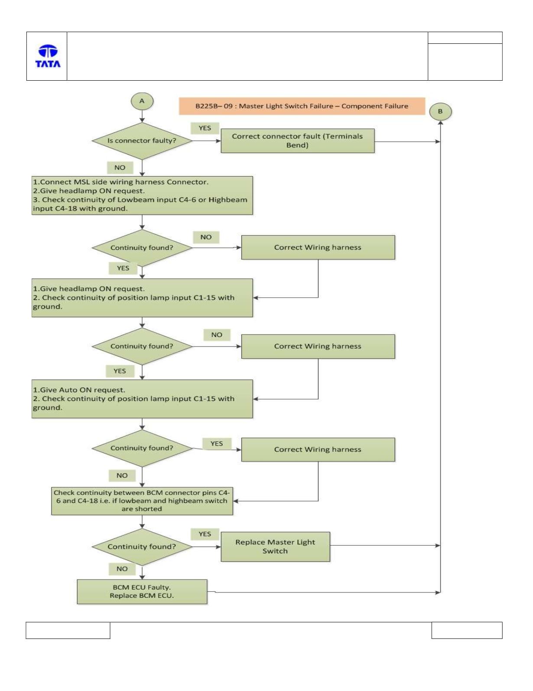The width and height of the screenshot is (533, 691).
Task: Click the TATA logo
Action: (48, 56)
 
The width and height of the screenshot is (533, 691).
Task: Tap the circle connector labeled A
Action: (142, 101)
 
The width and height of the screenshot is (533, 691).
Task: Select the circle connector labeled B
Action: (440, 111)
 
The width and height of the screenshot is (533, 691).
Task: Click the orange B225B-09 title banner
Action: (302, 106)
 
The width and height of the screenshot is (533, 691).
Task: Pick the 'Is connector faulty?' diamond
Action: (142, 141)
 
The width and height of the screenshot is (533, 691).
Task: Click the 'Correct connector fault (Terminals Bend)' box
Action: (298, 141)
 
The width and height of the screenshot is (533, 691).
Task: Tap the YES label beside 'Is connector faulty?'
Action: (205, 128)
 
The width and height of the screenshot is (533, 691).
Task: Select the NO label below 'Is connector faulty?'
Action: (120, 167)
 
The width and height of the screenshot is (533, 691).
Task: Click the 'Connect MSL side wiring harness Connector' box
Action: (142, 195)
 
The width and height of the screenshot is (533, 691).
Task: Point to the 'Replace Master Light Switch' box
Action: (276, 546)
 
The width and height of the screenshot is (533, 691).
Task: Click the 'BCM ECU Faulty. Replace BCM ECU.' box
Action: (142, 591)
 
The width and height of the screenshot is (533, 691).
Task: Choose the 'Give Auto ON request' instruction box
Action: (142, 399)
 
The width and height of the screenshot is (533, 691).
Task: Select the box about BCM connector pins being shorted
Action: (142, 501)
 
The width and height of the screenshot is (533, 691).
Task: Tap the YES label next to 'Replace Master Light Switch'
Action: (205, 534)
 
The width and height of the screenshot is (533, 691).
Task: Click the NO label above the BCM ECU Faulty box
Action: (122, 569)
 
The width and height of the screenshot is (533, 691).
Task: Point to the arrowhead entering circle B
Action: (440, 123)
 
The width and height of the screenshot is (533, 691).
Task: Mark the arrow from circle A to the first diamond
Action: (142, 116)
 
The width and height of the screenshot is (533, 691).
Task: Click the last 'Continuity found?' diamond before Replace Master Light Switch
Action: (142, 547)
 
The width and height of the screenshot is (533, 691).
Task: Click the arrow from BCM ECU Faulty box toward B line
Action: (324, 592)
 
